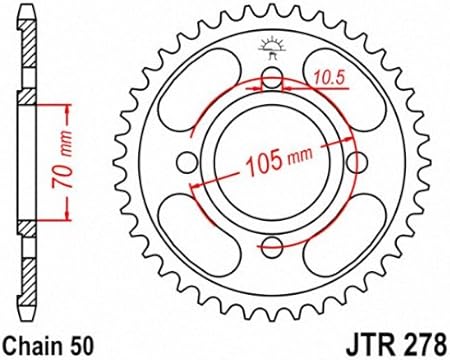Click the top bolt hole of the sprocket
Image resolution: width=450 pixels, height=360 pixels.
(x=272, y=78)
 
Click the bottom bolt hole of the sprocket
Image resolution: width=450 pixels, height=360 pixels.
(x=272, y=247)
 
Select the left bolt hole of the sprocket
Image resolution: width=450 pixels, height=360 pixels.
(x=187, y=163)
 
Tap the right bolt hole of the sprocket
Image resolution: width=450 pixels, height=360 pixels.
(x=357, y=163)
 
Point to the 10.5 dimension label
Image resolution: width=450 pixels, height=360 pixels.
(x=328, y=78)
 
